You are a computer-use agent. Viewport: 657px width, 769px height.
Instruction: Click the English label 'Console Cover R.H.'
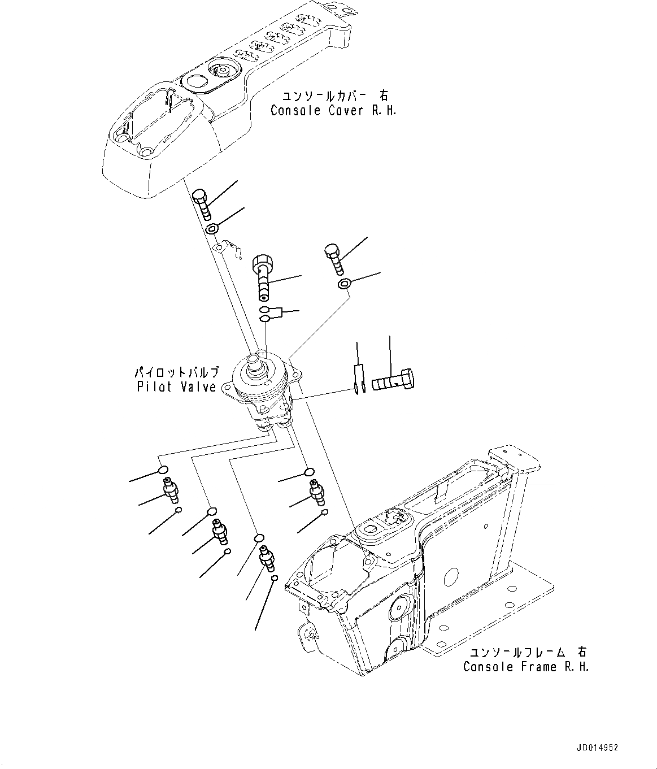point(333,111)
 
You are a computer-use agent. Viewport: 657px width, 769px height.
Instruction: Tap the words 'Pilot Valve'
point(176,387)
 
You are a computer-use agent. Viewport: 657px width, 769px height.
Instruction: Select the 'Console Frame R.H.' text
point(526,667)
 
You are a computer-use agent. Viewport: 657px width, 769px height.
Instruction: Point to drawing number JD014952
point(598,747)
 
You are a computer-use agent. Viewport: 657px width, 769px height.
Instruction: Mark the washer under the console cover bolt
point(212,229)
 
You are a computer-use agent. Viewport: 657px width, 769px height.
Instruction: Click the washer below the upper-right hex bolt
point(343,283)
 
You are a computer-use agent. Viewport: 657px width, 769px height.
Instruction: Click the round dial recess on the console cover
point(221,71)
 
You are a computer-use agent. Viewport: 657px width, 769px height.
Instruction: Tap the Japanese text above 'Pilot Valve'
point(176,373)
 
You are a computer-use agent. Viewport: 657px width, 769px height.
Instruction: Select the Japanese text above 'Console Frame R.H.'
point(525,653)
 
